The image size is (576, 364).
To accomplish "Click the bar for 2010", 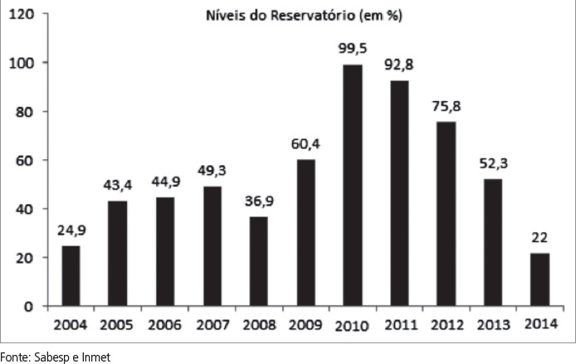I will (353, 185).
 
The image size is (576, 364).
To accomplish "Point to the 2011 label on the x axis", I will (399, 324).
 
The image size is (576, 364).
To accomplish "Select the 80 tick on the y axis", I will (27, 112).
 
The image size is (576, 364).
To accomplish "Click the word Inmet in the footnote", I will (95, 357).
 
